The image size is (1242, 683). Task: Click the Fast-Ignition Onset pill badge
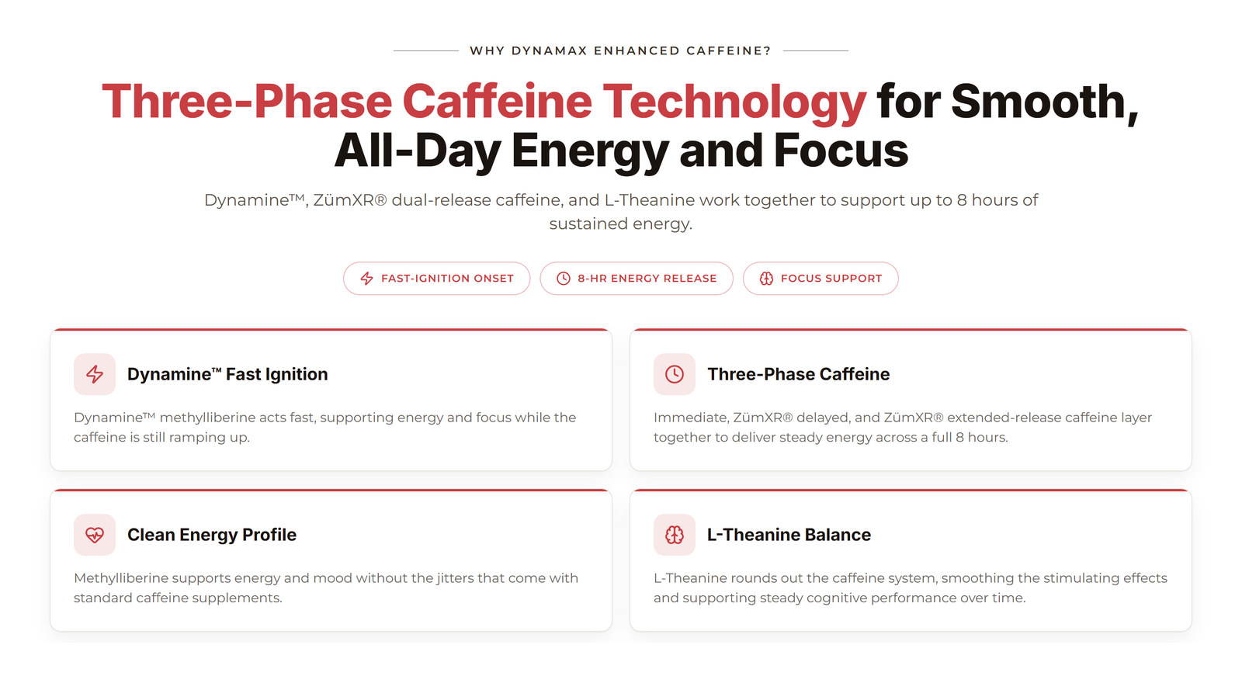click(x=436, y=279)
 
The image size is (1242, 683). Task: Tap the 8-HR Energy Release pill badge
click(x=637, y=279)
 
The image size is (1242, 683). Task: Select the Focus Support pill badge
click(x=820, y=279)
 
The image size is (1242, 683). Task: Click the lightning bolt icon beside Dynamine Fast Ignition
click(x=95, y=374)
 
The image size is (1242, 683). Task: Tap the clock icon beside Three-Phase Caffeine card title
click(x=675, y=374)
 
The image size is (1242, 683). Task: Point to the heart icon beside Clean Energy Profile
click(x=95, y=535)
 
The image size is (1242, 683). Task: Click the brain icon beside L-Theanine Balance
click(x=675, y=535)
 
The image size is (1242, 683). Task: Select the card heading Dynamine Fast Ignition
click(x=227, y=374)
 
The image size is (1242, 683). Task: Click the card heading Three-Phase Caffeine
click(x=799, y=374)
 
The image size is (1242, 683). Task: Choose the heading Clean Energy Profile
click(x=212, y=535)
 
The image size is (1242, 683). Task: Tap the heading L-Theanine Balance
click(x=789, y=535)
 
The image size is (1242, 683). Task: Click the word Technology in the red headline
click(x=734, y=102)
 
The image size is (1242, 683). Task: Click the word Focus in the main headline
click(x=841, y=151)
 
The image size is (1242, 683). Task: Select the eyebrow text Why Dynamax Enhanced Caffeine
click(x=620, y=51)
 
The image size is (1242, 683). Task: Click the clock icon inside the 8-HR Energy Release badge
click(x=564, y=279)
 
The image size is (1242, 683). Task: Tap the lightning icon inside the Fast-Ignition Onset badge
click(x=366, y=279)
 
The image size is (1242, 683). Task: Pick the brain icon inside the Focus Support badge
click(x=766, y=279)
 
